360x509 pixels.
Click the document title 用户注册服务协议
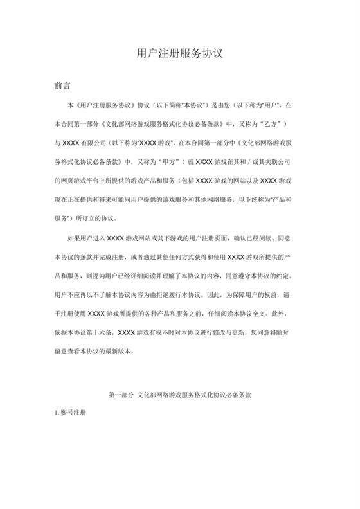coord(180,53)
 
